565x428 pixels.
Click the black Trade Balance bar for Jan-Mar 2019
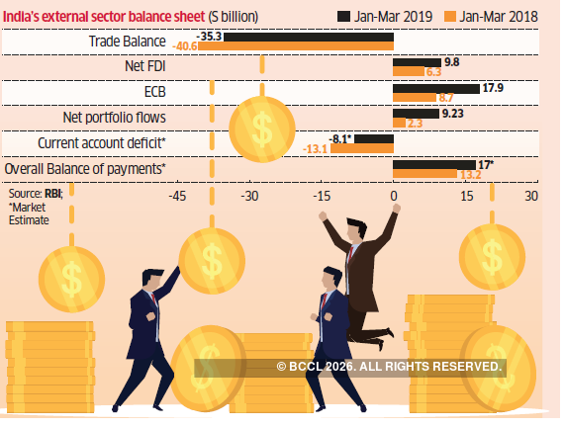tap(309, 36)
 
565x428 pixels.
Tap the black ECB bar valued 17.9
tap(435, 88)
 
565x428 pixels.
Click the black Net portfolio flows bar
tap(416, 114)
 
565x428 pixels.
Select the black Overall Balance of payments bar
tap(433, 164)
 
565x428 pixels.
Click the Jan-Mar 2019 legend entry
tap(394, 15)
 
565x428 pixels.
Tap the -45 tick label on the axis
tap(176, 196)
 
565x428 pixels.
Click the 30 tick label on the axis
tap(531, 196)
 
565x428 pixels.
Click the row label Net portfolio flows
tap(114, 118)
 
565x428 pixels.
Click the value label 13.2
tap(470, 175)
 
